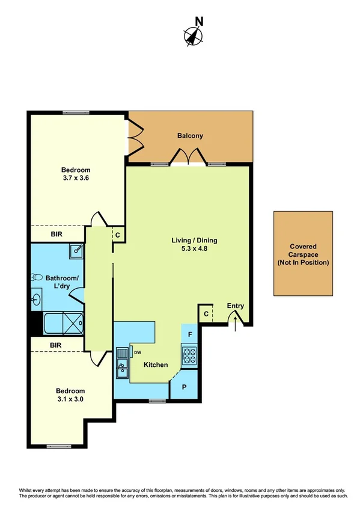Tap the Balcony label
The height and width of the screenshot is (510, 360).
coord(190,136)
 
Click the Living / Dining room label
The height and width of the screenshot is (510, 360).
coord(194,241)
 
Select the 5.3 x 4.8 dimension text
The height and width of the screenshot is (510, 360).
coord(194,249)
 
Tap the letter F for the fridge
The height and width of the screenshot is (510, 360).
coord(190,334)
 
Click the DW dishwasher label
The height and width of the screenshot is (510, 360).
coord(137,352)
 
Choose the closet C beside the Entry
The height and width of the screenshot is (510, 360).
coord(206,314)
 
